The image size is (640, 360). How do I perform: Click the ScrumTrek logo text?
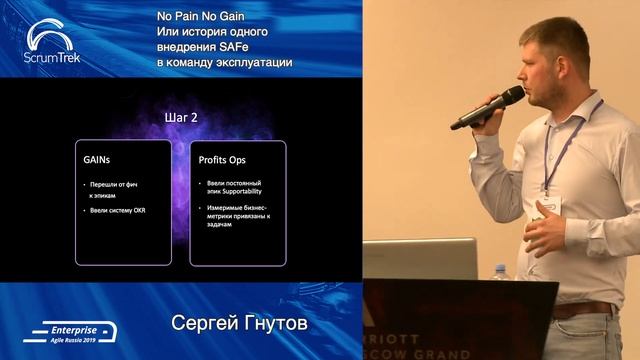coord(52,57)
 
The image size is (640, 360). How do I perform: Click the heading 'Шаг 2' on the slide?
coord(181,117)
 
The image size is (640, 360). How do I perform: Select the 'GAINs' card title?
coord(98,159)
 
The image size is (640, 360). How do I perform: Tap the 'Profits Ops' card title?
coord(224,159)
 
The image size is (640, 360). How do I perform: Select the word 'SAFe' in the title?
coord(271,48)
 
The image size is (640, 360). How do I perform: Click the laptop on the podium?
coord(420,258)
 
